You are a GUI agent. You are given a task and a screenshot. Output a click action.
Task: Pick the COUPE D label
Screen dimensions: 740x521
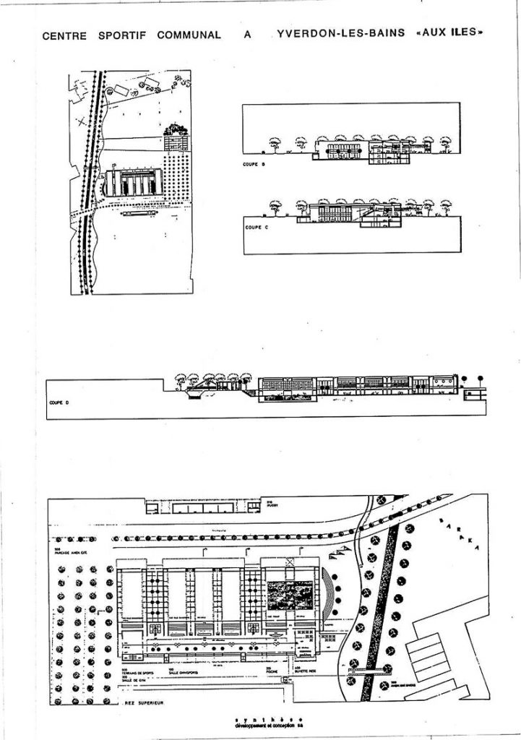pos(58,402)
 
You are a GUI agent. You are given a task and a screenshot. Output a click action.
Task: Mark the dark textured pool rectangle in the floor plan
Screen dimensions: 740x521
pos(288,596)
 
